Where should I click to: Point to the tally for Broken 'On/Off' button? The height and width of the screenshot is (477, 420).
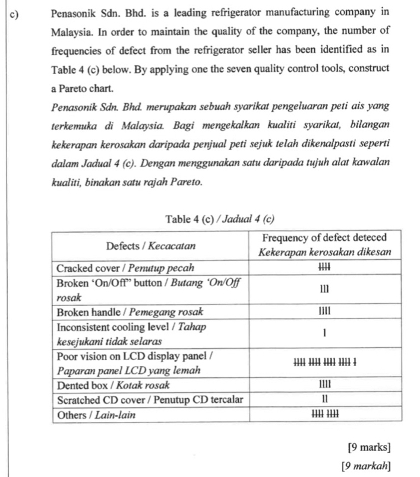coord(325,288)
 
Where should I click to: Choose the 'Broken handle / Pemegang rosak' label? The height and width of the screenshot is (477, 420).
coord(130,311)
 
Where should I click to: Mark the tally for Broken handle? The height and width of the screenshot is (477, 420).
coord(325,311)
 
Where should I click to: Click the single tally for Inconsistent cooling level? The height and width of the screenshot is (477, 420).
coord(325,333)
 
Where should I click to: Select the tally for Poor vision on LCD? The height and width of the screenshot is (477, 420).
coord(325,361)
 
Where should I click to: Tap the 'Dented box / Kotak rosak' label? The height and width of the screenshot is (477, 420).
coord(109,384)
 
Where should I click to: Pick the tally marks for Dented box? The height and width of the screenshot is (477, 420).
coord(325,384)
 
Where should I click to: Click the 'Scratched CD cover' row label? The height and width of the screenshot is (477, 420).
coord(150,399)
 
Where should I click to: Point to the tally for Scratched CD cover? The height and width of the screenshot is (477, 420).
coord(325,399)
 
